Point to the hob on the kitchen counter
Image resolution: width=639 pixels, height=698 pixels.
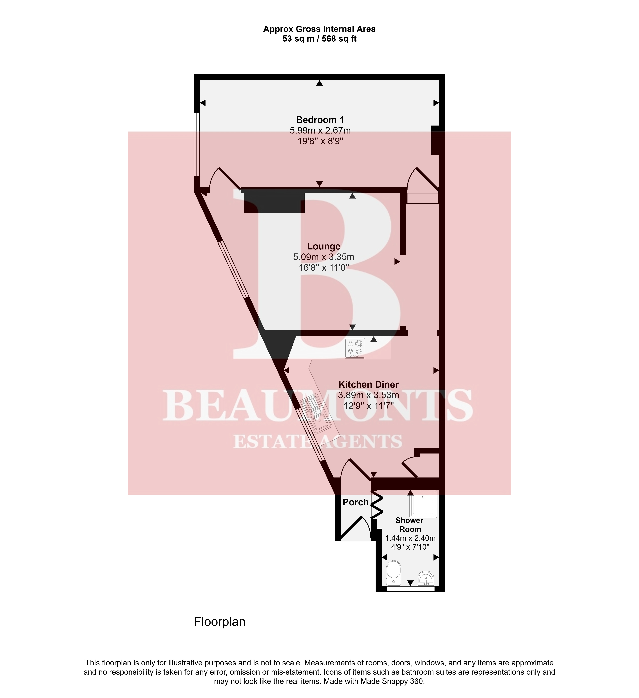tap(355, 348)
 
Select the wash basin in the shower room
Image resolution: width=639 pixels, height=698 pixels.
tap(426, 578)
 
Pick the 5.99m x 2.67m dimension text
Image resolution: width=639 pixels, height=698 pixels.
tap(320, 130)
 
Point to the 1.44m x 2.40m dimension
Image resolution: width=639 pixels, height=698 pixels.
tap(410, 538)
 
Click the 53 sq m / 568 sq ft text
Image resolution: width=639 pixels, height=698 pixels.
tap(319, 39)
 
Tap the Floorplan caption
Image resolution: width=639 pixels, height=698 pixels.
tap(220, 622)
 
